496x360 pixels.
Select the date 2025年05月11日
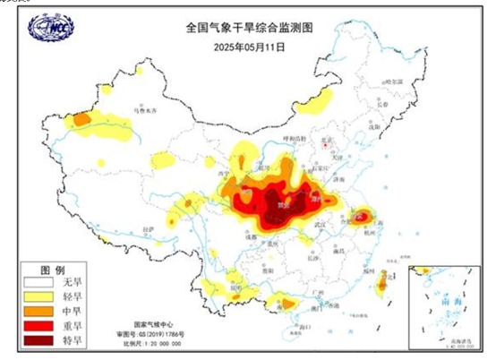pyautogui.click(x=249, y=45)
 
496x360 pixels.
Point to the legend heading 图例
pyautogui.click(x=54, y=269)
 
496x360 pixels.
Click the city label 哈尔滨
pyautogui.click(x=391, y=82)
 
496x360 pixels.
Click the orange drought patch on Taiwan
pyautogui.click(x=380, y=284)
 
